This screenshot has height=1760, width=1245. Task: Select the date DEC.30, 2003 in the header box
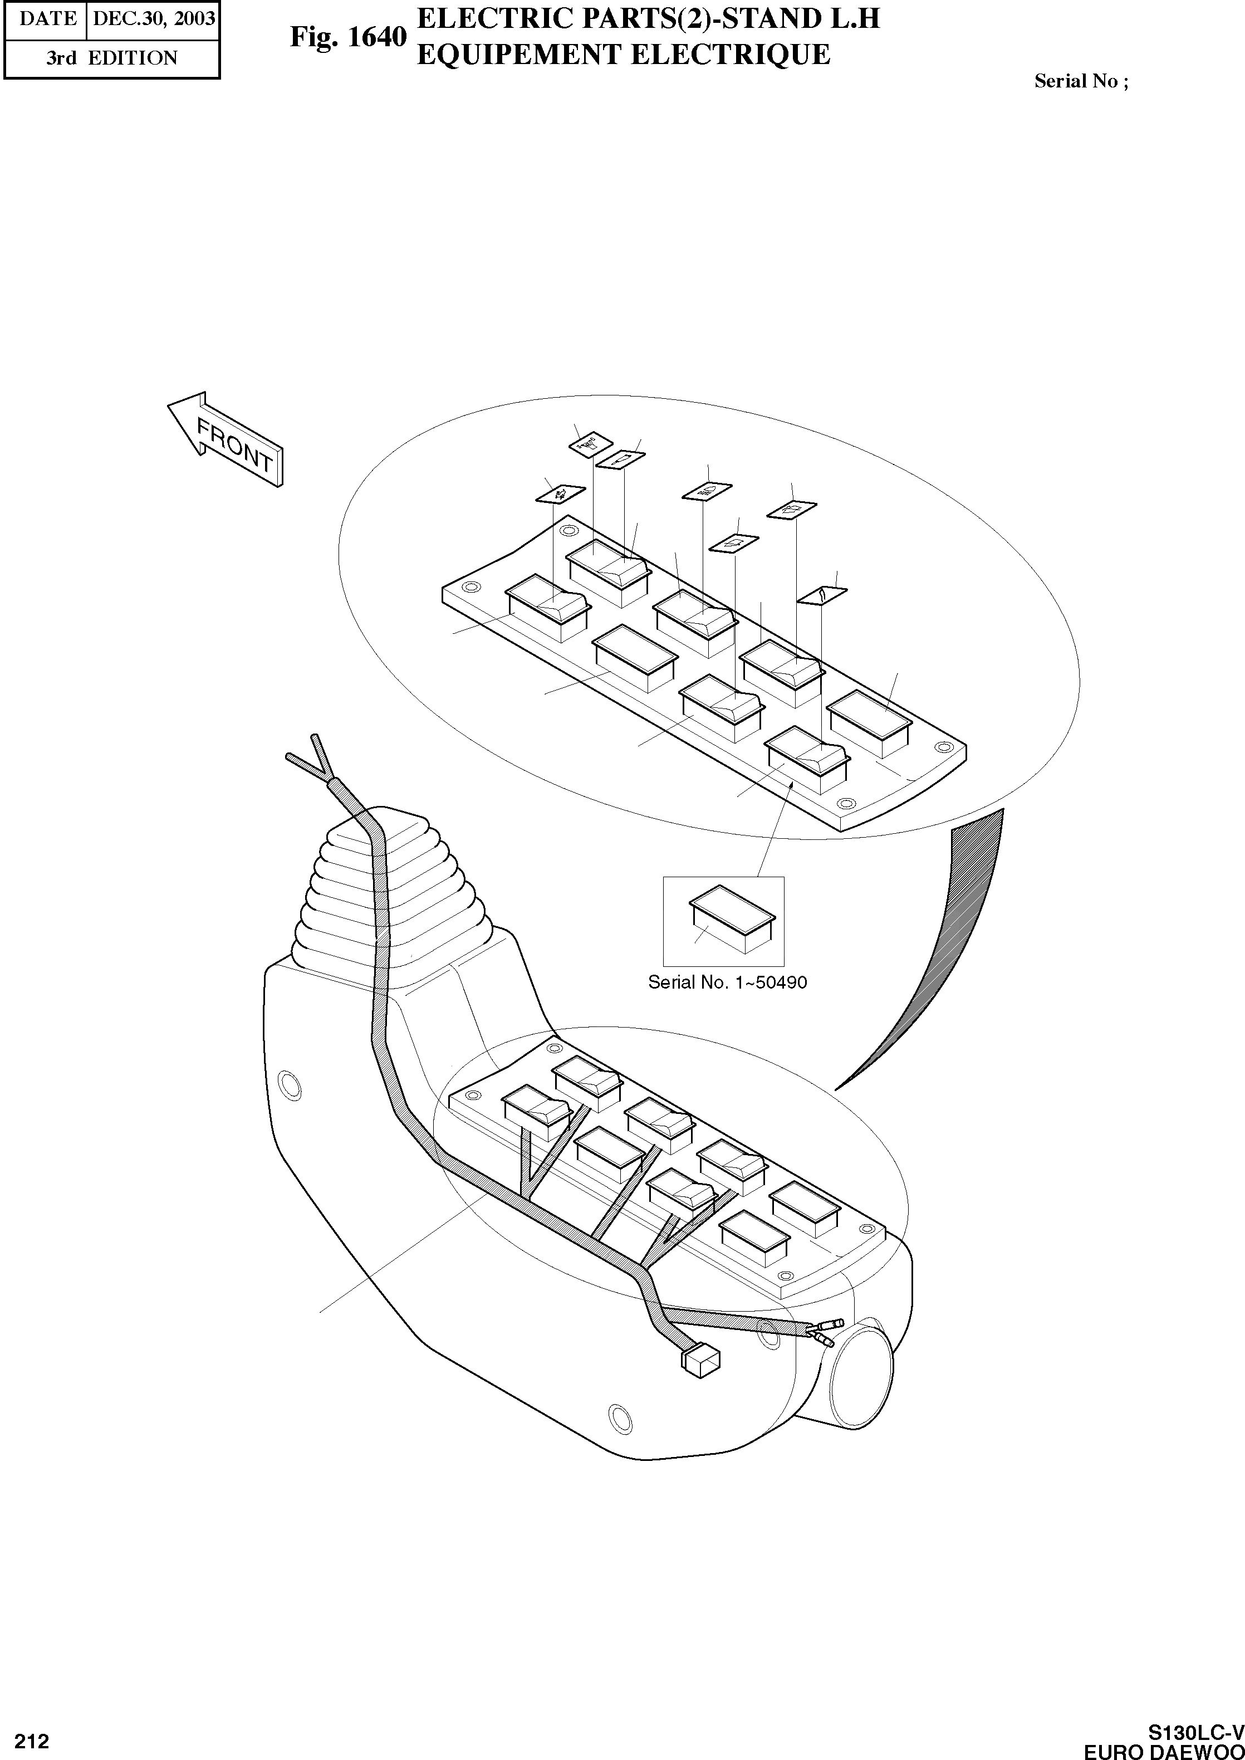[x=153, y=18]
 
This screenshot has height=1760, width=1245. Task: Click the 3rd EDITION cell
[x=111, y=58]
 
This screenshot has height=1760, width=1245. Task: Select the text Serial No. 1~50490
[x=727, y=982]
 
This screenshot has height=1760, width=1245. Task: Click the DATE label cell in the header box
[x=47, y=18]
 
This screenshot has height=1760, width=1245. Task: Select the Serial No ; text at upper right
[x=1081, y=81]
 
